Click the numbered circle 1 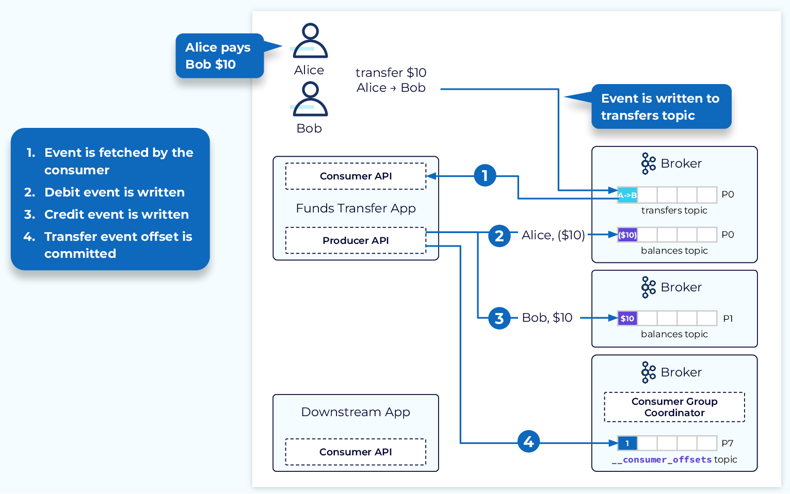[485, 176]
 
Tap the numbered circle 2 [499, 236]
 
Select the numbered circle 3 [499, 318]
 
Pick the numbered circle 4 [528, 441]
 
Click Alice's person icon [310, 41]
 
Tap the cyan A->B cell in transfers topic [627, 195]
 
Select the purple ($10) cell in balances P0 [627, 235]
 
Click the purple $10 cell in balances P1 [627, 318]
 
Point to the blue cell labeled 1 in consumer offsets [627, 443]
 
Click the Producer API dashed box [356, 240]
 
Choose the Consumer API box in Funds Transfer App [356, 176]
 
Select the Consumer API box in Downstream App [356, 452]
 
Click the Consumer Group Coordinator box [674, 407]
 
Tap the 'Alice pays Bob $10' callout [219, 56]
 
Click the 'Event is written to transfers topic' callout [660, 107]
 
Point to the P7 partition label [728, 443]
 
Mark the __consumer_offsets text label [662, 460]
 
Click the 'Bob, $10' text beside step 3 [547, 318]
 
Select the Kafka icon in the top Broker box [648, 163]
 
